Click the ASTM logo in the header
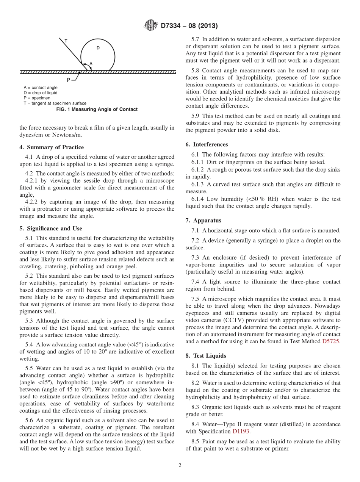pyautogui.click(x=151, y=26)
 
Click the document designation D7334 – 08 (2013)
pyautogui.click(x=189, y=26)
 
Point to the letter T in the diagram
pyautogui.click(x=66, y=41)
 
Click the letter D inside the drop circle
pyautogui.click(x=98, y=48)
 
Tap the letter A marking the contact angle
pyautogui.click(x=91, y=63)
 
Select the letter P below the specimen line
pyautogui.click(x=68, y=80)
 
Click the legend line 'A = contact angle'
pyautogui.click(x=40, y=88)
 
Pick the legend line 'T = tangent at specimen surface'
pyautogui.click(x=55, y=103)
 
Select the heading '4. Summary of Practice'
pyautogui.click(x=52, y=147)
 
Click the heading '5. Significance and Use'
pyautogui.click(x=51, y=228)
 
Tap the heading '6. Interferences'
pyautogui.click(x=207, y=144)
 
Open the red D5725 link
pyautogui.click(x=331, y=341)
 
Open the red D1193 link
pyautogui.click(x=241, y=431)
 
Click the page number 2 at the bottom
pyautogui.click(x=180, y=466)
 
